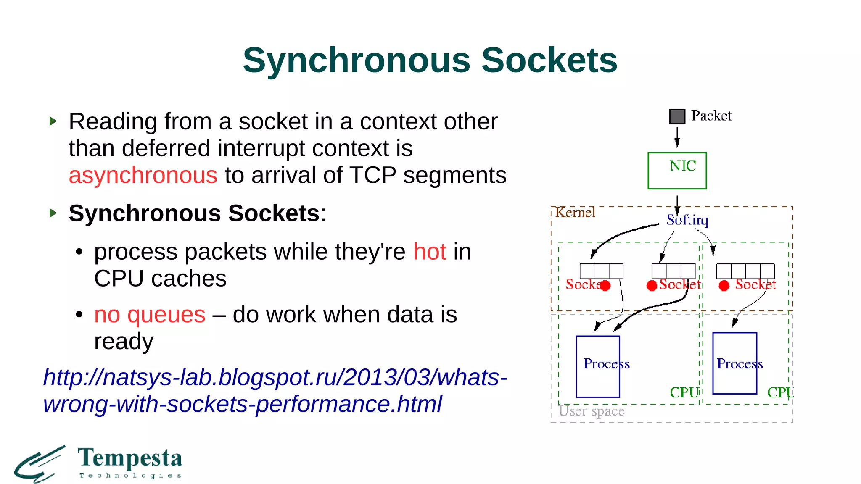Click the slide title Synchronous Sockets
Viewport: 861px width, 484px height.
tap(430, 60)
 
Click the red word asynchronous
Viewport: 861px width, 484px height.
tap(143, 175)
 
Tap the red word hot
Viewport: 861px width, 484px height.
tap(430, 252)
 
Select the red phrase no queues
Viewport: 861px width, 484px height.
tap(150, 314)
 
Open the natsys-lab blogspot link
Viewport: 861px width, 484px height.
tap(275, 390)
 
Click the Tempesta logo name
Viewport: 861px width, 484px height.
tap(130, 458)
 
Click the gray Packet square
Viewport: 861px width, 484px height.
tap(677, 116)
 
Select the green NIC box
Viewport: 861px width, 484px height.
tap(677, 171)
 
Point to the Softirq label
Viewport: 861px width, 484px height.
tap(687, 220)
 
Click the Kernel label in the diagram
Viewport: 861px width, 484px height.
tap(575, 213)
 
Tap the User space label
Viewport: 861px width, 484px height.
tap(591, 410)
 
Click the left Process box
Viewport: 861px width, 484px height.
tap(597, 366)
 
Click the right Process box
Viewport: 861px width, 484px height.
tap(734, 363)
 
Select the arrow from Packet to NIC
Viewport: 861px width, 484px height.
tap(677, 137)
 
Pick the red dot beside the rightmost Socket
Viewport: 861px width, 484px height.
tap(724, 286)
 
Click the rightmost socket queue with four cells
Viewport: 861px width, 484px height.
tap(745, 271)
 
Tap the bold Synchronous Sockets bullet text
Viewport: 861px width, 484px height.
tap(194, 213)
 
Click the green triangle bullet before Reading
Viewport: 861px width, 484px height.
tap(53, 121)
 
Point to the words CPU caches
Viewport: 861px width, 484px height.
tap(160, 279)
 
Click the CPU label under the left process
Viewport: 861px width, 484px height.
tap(684, 392)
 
